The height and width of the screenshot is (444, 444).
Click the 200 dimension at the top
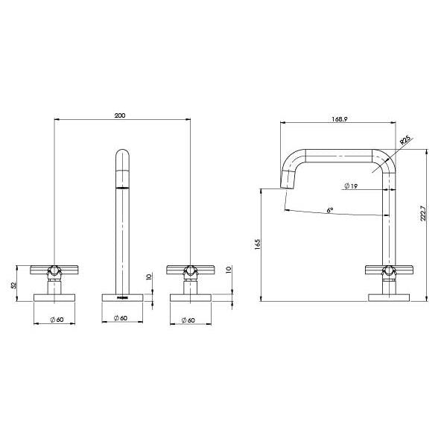click(x=121, y=115)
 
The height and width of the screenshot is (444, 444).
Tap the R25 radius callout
click(x=405, y=139)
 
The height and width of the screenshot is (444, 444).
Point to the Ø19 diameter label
click(x=352, y=185)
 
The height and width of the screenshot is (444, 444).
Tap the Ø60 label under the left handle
click(x=55, y=320)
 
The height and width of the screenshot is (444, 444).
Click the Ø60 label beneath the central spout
click(x=122, y=320)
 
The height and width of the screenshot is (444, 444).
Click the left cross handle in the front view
click(x=55, y=270)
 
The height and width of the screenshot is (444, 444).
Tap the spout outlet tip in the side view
click(x=285, y=182)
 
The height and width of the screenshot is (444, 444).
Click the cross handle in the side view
click(x=388, y=270)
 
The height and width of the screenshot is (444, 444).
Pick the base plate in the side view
click(x=388, y=298)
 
